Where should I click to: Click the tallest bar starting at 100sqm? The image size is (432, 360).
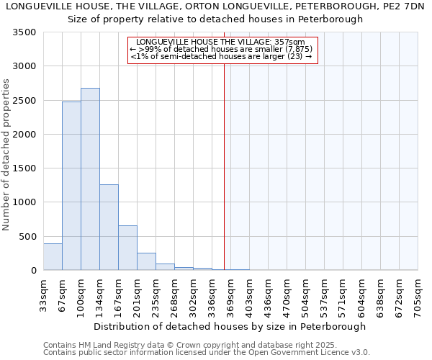click(x=90, y=179)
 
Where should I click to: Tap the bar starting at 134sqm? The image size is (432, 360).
click(x=109, y=228)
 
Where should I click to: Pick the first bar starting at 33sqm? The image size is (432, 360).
click(x=53, y=257)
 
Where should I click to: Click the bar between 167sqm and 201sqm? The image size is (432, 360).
click(x=127, y=248)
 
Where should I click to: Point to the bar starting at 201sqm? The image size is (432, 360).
click(x=146, y=262)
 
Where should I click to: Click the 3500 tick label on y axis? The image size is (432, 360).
click(x=24, y=33)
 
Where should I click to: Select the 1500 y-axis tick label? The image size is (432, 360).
click(x=24, y=168)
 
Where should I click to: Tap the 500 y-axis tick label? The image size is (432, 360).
click(x=27, y=237)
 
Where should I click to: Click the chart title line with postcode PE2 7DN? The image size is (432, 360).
click(x=215, y=6)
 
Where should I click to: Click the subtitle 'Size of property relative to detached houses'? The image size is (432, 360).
click(x=215, y=19)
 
